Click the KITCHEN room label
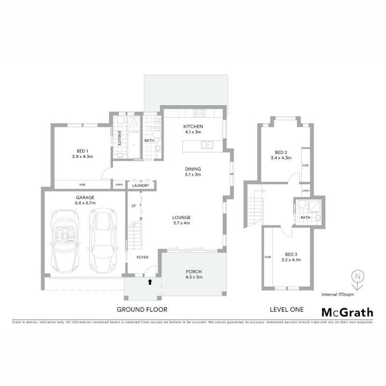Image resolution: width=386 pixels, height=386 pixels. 193,126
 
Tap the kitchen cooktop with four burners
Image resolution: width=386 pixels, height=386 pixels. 199,113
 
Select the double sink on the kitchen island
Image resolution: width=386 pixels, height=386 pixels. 207,145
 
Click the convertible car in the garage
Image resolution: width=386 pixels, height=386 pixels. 65,241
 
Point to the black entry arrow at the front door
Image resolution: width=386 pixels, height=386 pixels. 150,282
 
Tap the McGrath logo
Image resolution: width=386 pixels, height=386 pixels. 347,312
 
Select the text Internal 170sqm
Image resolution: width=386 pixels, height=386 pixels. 337,294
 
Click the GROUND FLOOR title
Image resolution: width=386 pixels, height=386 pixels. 142,309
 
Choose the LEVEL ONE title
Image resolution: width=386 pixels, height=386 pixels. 287,309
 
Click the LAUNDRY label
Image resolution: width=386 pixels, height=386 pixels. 140,186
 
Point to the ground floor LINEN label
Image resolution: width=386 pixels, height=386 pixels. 119,185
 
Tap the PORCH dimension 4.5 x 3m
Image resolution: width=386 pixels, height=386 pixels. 194,277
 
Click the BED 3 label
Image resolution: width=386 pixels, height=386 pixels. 291,254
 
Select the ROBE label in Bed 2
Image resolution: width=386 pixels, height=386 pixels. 305,165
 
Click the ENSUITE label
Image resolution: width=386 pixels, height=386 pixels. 119,138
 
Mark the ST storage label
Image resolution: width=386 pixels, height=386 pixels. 134,206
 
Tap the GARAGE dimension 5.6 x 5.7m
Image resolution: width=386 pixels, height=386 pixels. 85,203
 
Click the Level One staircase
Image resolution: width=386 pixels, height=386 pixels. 254,208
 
